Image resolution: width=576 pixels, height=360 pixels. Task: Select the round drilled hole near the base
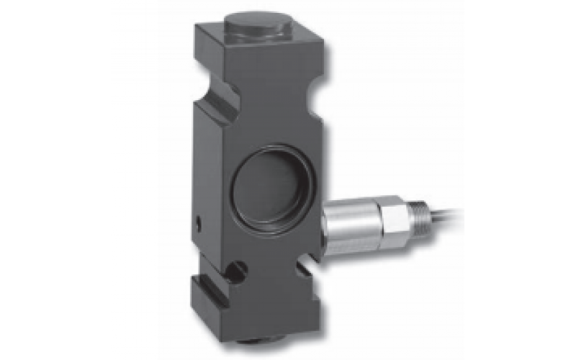237,271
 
